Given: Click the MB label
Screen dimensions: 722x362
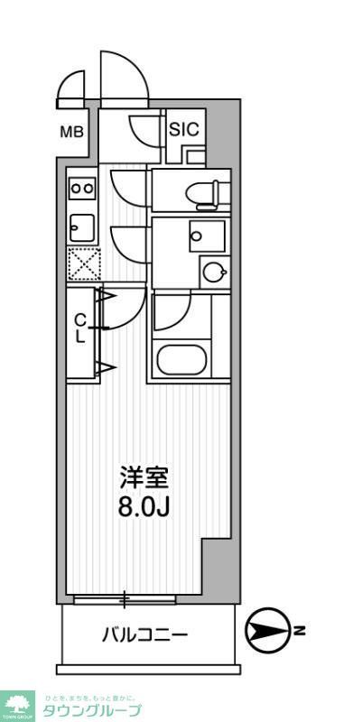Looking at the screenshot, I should point(71,133).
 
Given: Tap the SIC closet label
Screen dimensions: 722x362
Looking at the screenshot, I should point(184,129).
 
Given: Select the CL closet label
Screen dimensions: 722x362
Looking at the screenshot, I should point(80,329).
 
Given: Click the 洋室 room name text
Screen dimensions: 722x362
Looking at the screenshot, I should point(144,477).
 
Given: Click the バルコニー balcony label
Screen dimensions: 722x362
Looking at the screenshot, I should point(144,635).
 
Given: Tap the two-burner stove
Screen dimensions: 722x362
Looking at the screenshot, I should point(82,189).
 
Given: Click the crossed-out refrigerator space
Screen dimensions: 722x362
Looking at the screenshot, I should point(82,264).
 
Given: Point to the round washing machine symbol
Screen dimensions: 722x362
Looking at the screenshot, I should point(214,272).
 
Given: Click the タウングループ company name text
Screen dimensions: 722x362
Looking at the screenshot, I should point(92,710).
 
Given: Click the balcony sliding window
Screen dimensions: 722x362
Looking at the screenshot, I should point(126,598).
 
